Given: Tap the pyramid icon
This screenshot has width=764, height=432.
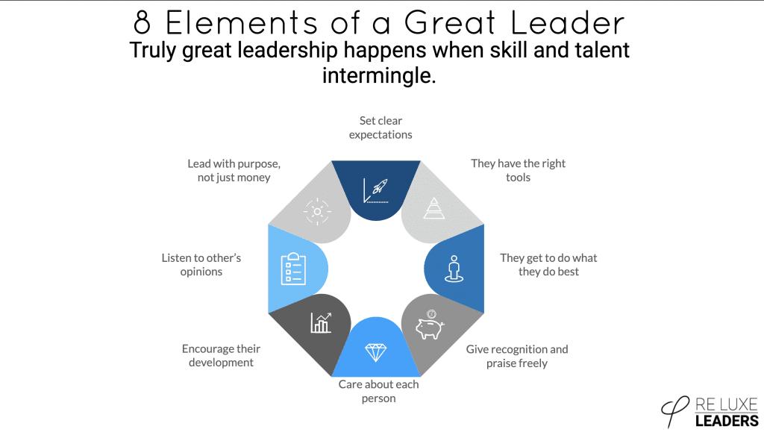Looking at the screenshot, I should tap(433, 207).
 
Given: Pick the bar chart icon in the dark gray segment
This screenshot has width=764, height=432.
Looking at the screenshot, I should tap(321, 322).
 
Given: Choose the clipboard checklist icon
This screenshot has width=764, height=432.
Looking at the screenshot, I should tap(293, 269).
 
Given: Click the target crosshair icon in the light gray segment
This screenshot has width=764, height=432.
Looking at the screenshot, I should tap(317, 212).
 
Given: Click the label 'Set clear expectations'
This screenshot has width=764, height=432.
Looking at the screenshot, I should tap(381, 128).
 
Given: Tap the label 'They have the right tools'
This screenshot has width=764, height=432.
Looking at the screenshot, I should tap(518, 170).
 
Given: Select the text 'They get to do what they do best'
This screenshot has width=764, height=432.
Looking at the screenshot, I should tap(548, 264).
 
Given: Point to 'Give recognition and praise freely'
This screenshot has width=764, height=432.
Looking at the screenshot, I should tap(517, 356).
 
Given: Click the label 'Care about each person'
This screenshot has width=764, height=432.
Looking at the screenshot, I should tap(378, 391).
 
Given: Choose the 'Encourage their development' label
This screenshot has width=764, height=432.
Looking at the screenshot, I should tap(221, 355).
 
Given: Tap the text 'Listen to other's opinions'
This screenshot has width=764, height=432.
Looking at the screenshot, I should tap(201, 264).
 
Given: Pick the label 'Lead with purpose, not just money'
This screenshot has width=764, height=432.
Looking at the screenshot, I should tap(234, 170).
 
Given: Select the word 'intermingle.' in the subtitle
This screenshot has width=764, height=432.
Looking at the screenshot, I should tap(378, 75).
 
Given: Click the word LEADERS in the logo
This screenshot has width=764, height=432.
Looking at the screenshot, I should tap(726, 420).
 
